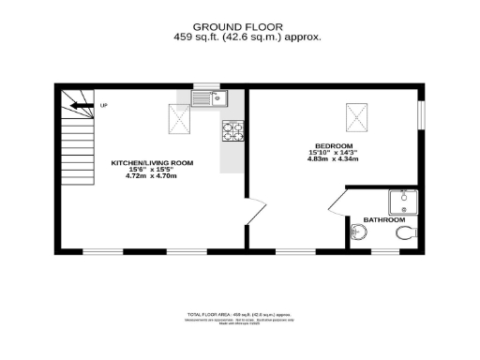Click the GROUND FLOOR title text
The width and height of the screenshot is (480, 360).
240,26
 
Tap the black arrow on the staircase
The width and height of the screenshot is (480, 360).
84,106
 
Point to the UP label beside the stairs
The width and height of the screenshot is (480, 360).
103,105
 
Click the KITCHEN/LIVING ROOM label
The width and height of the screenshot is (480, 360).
152,162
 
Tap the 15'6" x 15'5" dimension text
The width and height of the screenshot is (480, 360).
152,169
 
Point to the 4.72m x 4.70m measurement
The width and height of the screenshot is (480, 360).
152,176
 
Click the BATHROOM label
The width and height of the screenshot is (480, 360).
383,219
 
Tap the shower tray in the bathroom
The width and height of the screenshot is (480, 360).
403,201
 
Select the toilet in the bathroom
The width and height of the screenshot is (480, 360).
405,232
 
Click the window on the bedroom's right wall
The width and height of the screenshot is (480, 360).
421,112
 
